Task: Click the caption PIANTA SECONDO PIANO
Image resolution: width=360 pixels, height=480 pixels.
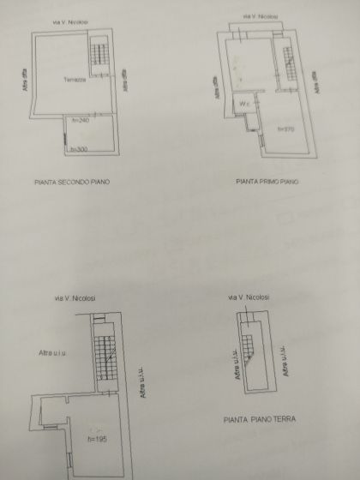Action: coord(73,183)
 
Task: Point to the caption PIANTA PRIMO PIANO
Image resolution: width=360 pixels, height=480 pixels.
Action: coord(267,182)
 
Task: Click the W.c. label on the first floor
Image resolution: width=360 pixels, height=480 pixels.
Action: coord(244,105)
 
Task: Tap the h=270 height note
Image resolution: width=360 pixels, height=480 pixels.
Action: coord(285,129)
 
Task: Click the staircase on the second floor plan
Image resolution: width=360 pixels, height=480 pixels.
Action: coord(101,56)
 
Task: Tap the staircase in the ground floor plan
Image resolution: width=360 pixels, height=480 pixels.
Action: coord(250,348)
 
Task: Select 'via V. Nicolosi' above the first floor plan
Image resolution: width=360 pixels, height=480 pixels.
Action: coord(261,15)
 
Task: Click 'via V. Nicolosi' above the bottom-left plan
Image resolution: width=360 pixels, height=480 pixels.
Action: coord(75,297)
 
